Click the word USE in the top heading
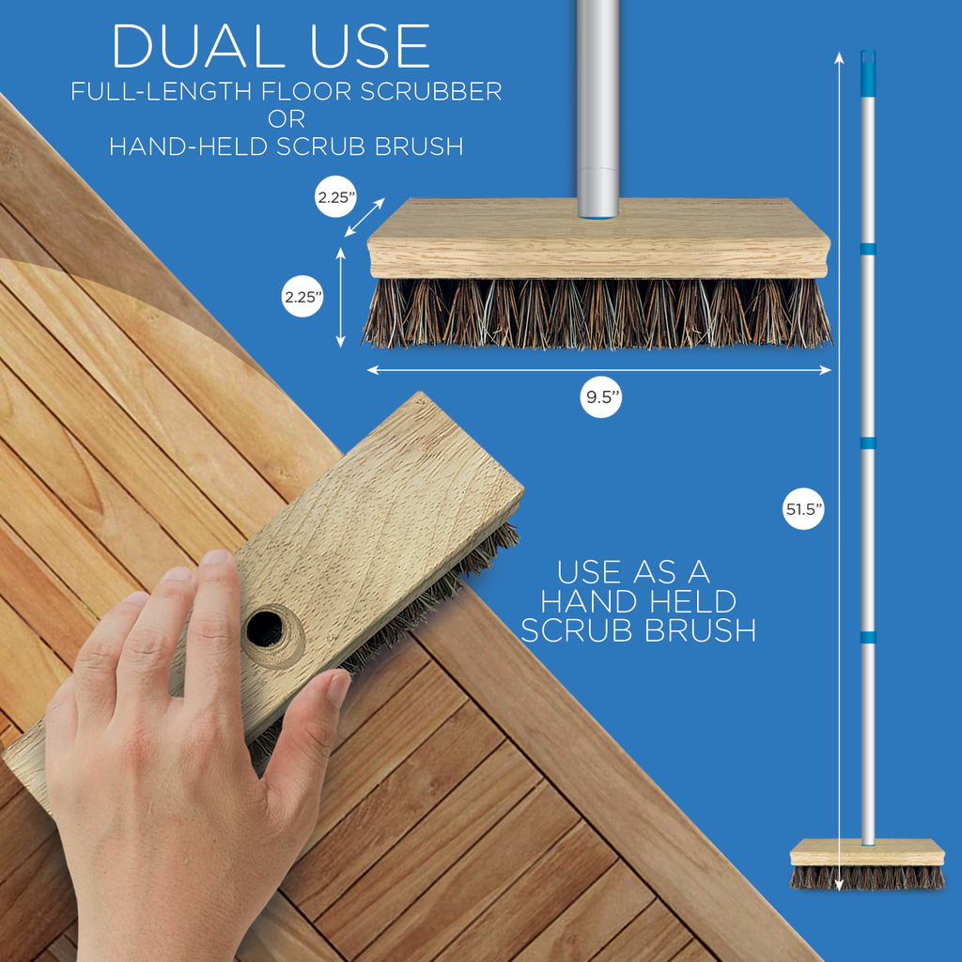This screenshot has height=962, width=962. pyautogui.click(x=370, y=46)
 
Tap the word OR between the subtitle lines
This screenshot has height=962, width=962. pyautogui.click(x=287, y=119)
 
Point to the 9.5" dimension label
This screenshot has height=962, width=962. pyautogui.click(x=601, y=397)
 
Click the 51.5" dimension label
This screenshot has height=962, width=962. pyautogui.click(x=804, y=508)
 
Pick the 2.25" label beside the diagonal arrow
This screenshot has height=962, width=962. pyautogui.click(x=335, y=197)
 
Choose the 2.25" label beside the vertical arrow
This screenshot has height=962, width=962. pyautogui.click(x=303, y=297)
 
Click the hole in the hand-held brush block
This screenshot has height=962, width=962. pyautogui.click(x=265, y=628)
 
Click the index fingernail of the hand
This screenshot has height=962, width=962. pyautogui.click(x=215, y=557)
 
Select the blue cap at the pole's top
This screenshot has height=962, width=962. pyautogui.click(x=867, y=73)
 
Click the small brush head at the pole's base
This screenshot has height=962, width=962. pyautogui.click(x=867, y=864)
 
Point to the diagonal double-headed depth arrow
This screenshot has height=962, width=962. pyautogui.click(x=365, y=217)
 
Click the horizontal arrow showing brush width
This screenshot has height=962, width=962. pyautogui.click(x=598, y=370)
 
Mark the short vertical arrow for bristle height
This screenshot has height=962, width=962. pyautogui.click(x=340, y=298)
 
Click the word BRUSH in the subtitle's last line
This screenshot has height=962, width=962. pyautogui.click(x=419, y=147)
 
